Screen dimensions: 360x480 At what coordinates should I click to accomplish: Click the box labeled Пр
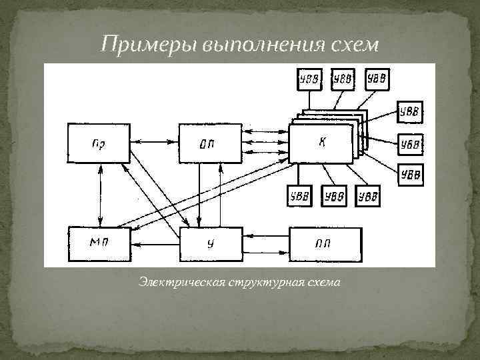[x=97, y=143]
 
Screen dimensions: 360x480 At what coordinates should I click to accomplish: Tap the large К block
[x=321, y=142]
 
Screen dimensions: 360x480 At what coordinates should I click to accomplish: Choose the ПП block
[x=325, y=244]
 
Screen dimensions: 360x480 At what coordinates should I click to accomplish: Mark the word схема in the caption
[x=323, y=282]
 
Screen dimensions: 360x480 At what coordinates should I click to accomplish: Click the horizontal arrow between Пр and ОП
[x=154, y=142]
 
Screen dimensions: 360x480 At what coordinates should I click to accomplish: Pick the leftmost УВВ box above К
[x=310, y=79]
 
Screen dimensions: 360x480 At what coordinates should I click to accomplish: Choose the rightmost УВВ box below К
[x=367, y=196]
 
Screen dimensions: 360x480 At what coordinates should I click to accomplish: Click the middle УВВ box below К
[x=334, y=196]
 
